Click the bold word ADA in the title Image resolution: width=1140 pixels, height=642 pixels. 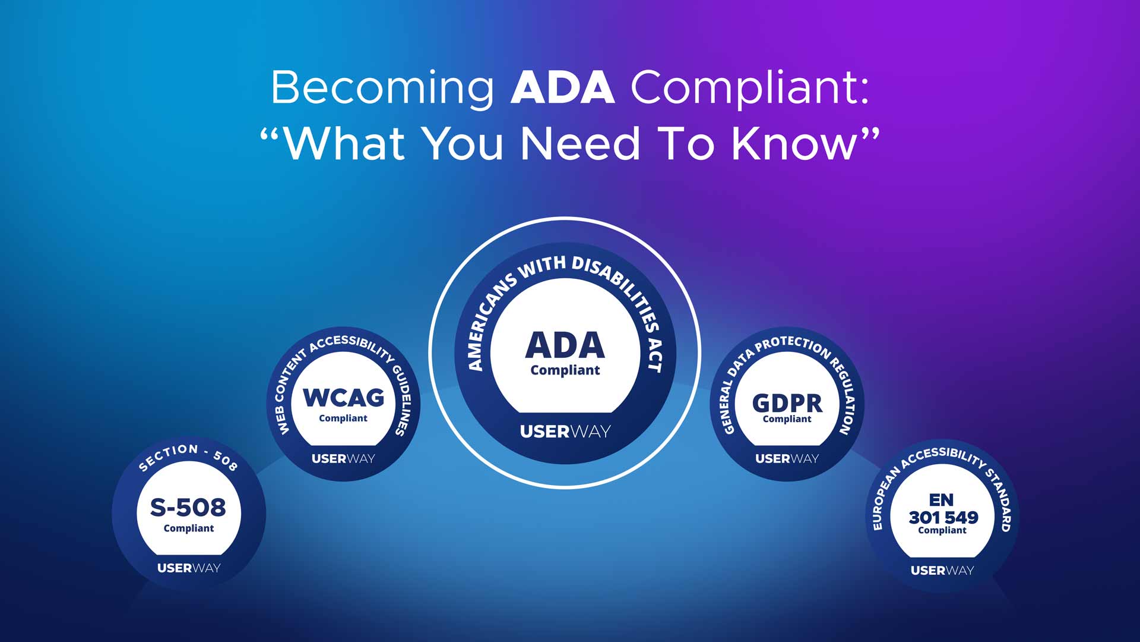pyautogui.click(x=562, y=88)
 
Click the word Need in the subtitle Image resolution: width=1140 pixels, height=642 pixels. pyautogui.click(x=580, y=144)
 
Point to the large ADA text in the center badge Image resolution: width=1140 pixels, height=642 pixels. pyautogui.click(x=565, y=345)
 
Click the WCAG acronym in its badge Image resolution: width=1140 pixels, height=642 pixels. pyautogui.click(x=343, y=397)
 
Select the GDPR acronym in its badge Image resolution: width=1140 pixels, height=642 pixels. pyautogui.click(x=787, y=403)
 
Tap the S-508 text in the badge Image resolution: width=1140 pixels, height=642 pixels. pyautogui.click(x=188, y=507)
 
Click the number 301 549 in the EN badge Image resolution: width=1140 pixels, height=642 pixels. pyautogui.click(x=943, y=517)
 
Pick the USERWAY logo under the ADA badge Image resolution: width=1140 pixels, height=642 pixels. pyautogui.click(x=565, y=432)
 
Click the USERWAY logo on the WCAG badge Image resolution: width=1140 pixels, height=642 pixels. pyautogui.click(x=343, y=458)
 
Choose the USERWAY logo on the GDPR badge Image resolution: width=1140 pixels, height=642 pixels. pyautogui.click(x=787, y=458)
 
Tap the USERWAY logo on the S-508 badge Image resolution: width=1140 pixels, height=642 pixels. pyautogui.click(x=189, y=568)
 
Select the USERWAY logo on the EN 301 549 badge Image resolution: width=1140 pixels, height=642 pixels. pyautogui.click(x=942, y=570)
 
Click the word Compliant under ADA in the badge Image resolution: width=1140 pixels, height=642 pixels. pyautogui.click(x=565, y=370)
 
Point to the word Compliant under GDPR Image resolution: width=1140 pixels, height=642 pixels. pyautogui.click(x=787, y=419)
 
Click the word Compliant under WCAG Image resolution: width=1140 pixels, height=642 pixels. pyautogui.click(x=343, y=418)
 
